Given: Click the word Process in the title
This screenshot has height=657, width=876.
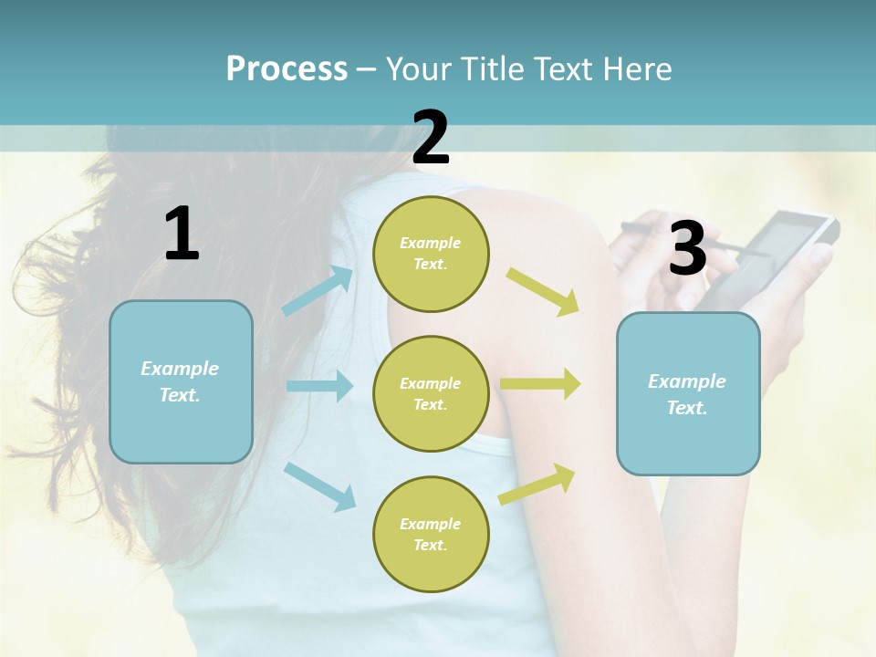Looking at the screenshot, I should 287,69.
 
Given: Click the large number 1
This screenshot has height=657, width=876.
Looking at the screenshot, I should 182,235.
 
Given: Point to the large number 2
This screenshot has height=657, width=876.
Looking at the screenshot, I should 431,138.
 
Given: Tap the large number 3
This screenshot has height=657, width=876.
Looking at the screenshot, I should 687,248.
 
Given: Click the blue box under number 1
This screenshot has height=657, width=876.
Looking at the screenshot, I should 181,381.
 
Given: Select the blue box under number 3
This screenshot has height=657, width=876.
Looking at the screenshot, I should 688,393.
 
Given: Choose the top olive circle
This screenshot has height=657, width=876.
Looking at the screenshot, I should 431,254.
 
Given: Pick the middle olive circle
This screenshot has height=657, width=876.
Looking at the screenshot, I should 431,393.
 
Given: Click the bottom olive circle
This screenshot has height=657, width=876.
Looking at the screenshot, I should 431,534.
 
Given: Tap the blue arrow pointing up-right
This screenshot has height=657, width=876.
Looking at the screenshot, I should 318,290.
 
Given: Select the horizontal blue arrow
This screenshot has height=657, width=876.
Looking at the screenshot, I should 319,386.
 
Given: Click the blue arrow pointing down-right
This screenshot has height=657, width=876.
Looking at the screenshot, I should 319,486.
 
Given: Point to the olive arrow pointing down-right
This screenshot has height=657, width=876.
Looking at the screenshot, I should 542,292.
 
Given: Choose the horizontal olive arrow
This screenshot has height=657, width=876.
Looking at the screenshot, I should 539,383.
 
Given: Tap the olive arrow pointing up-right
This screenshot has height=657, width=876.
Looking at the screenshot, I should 537,484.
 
